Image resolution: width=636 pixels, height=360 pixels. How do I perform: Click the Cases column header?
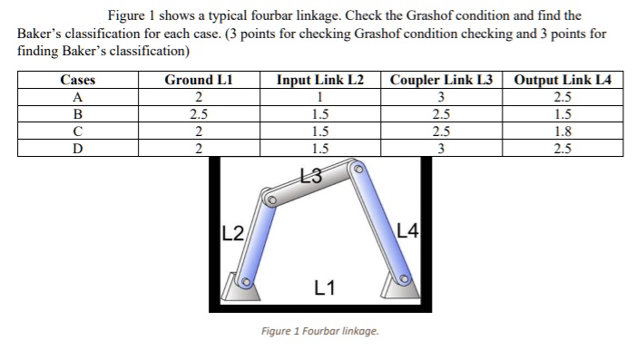point(77,80)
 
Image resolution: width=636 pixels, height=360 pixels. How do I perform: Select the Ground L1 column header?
point(197,80)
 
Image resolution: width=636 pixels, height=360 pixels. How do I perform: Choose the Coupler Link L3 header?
point(440,80)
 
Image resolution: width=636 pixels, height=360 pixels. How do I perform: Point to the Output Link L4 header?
point(563,80)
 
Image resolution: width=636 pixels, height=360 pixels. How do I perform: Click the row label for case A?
point(77,97)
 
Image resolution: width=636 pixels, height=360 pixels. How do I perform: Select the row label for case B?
point(77,114)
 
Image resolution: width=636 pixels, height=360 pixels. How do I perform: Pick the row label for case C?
point(77,131)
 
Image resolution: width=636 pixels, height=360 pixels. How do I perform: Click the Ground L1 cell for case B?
point(198,114)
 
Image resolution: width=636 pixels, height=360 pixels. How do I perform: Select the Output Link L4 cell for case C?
point(563,131)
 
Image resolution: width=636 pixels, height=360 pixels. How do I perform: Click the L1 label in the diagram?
point(324,288)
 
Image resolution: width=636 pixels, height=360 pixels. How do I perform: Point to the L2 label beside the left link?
point(232,230)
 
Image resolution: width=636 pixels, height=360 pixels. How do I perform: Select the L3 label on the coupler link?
point(308,175)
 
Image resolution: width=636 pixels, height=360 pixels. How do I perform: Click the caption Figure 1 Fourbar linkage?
point(318,330)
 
